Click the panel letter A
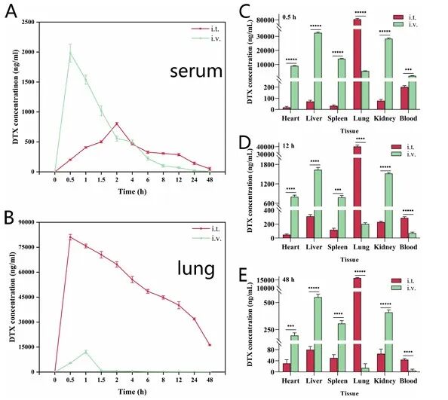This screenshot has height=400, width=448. tap(11, 12)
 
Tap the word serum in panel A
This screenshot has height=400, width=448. tap(196, 72)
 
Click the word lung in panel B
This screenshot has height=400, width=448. tap(196, 268)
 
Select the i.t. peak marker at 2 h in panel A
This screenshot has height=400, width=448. tap(117, 124)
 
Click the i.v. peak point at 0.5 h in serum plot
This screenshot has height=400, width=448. tap(70, 53)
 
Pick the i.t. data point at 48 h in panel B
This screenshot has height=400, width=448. tap(210, 345)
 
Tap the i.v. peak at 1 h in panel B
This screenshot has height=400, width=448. tap(86, 352)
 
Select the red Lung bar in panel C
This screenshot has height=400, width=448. tap(357, 64)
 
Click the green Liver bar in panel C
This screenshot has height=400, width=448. tap(318, 71)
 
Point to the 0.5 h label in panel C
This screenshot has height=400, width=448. tap(289, 17)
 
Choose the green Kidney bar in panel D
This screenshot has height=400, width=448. tap(388, 206)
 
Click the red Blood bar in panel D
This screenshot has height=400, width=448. tap(404, 228)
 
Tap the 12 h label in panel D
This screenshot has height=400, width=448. tap(288, 146)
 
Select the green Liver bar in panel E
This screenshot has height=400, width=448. tap(318, 334)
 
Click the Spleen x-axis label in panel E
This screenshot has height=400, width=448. tap(337, 381)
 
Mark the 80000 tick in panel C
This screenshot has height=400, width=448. tap(266, 20)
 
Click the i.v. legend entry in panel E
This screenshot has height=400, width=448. tap(404, 288)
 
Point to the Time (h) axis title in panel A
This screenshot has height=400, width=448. tap(132, 191)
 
